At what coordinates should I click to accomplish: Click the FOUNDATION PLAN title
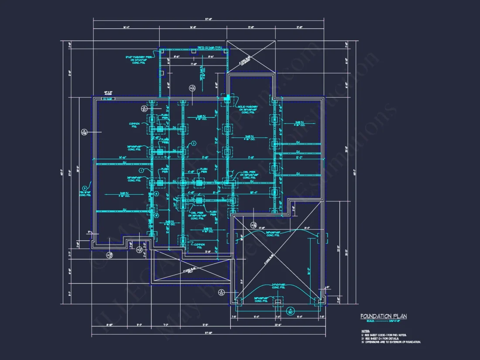383,316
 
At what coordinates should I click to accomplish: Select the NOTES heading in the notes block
365,331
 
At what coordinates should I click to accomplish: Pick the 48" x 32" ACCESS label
108,93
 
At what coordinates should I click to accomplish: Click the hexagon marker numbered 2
193,143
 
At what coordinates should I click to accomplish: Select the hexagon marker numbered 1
141,170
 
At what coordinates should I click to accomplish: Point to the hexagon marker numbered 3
85,189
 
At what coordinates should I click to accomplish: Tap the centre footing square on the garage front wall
277,301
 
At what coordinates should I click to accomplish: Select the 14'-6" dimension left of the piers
123,157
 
